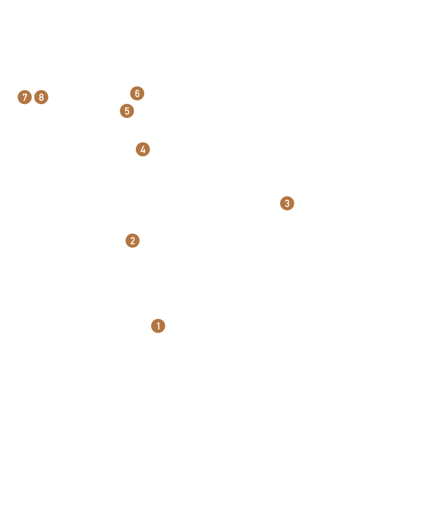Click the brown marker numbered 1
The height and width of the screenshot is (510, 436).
[158, 326]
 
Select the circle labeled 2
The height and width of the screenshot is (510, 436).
[132, 241]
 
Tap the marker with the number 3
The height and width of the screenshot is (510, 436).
[287, 203]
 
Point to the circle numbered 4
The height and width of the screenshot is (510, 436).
[143, 149]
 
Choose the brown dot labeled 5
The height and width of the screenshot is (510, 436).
[127, 111]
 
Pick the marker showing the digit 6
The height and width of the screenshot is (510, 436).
[137, 93]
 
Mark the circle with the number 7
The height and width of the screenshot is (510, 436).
[25, 97]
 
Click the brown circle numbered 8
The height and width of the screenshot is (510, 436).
[42, 97]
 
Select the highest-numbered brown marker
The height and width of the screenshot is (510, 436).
[42, 97]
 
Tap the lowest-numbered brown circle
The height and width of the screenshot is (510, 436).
[158, 326]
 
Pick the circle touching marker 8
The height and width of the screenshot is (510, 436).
[25, 97]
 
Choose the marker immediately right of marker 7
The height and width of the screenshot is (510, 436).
[42, 97]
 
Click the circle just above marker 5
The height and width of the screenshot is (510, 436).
[137, 93]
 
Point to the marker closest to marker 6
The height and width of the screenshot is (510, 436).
[127, 111]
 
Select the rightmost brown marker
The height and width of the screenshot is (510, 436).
[287, 203]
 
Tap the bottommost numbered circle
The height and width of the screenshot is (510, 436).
[158, 326]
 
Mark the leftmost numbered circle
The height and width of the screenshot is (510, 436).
[25, 97]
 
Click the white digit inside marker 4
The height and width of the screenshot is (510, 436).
[143, 150]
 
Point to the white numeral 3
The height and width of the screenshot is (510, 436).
[287, 203]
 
